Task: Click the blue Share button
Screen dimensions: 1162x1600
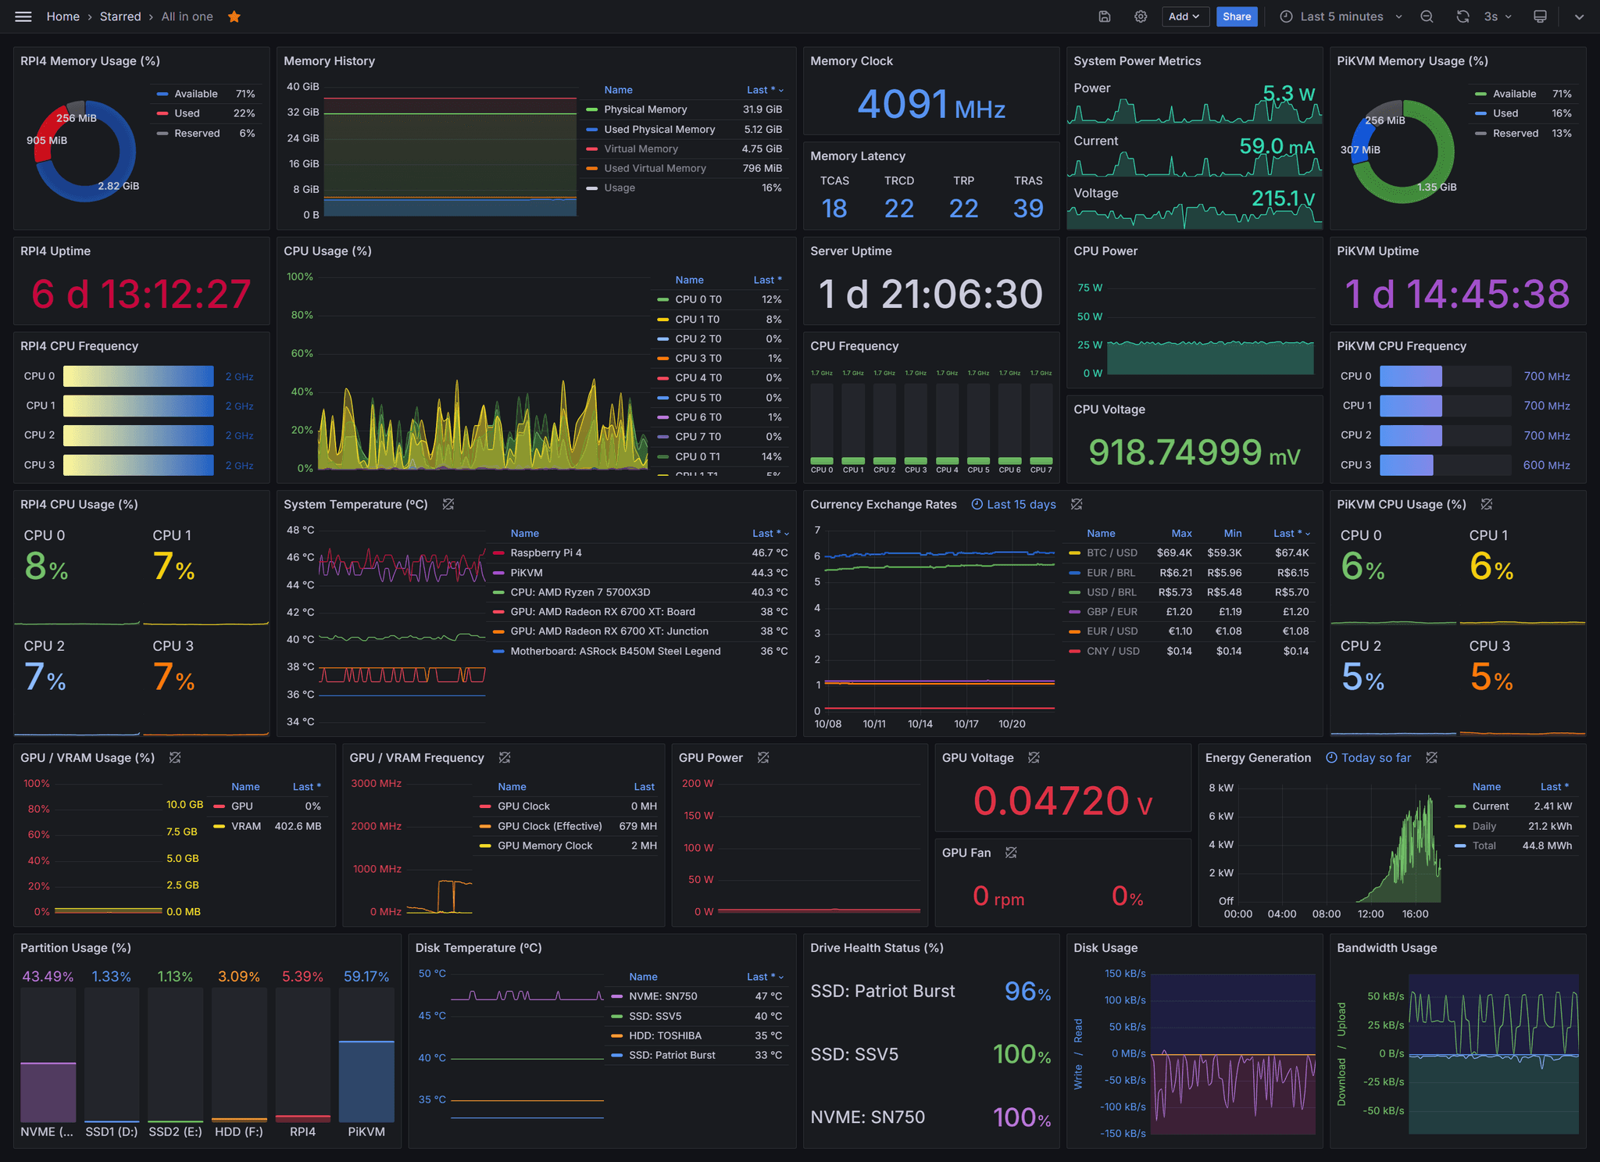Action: pyautogui.click(x=1236, y=16)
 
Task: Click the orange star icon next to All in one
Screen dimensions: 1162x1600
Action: pyautogui.click(x=234, y=16)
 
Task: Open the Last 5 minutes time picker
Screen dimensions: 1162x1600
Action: pyautogui.click(x=1341, y=16)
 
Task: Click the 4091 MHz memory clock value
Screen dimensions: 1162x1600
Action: pyautogui.click(x=930, y=105)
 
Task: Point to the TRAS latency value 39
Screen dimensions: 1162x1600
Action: pyautogui.click(x=1027, y=209)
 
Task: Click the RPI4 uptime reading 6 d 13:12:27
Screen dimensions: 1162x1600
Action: pyautogui.click(x=141, y=294)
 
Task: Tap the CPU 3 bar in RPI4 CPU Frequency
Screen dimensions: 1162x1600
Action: pyautogui.click(x=138, y=465)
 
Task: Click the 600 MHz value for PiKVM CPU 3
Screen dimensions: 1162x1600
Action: pyautogui.click(x=1546, y=465)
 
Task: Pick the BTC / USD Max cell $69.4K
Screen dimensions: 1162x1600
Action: pyautogui.click(x=1174, y=552)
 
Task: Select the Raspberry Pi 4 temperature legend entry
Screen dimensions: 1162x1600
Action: pyautogui.click(x=545, y=552)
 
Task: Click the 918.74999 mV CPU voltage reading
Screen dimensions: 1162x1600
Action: pyautogui.click(x=1194, y=452)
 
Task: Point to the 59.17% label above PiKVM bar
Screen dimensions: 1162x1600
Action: pyautogui.click(x=366, y=976)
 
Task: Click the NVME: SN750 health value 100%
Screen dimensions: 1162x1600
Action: pyautogui.click(x=1021, y=1117)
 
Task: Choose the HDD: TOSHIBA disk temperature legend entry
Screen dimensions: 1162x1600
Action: pyautogui.click(x=665, y=1035)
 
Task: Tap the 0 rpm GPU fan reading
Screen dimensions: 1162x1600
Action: pyautogui.click(x=998, y=896)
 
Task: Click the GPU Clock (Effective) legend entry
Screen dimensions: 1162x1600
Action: pyautogui.click(x=549, y=826)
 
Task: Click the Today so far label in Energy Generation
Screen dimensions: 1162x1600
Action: pyautogui.click(x=1376, y=758)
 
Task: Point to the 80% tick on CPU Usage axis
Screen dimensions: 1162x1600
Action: pyautogui.click(x=302, y=315)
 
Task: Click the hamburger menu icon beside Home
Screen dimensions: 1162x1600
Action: pyautogui.click(x=23, y=16)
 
